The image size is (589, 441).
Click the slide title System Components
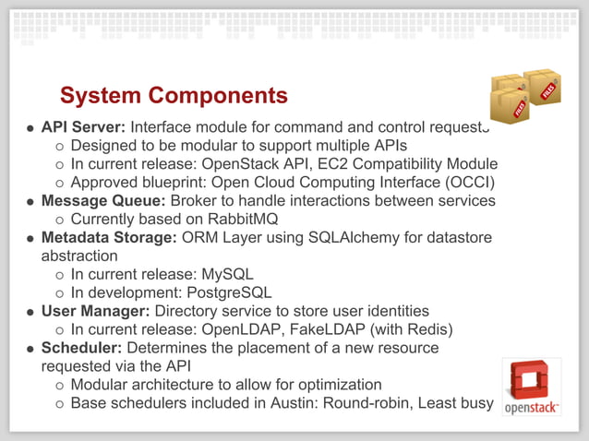coord(174,96)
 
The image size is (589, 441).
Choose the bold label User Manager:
coord(96,311)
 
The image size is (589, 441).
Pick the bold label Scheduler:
coord(81,348)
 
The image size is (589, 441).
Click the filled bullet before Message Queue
coord(31,202)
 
